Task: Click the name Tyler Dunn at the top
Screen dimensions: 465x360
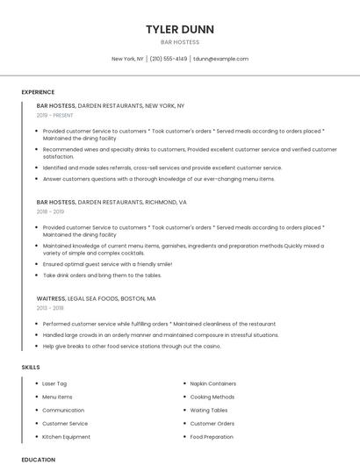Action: click(179, 29)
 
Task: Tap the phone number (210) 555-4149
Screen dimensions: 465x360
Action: click(169, 59)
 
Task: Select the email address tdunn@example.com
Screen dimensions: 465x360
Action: click(220, 59)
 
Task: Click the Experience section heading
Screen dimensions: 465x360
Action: click(38, 91)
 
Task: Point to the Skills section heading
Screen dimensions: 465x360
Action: click(31, 367)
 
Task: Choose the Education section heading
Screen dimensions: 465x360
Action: click(38, 459)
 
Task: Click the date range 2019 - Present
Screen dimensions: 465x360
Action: click(55, 115)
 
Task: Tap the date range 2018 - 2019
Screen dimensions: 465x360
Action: click(50, 211)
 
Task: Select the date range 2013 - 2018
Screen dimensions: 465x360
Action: click(50, 308)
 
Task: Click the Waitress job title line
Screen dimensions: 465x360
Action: click(99, 298)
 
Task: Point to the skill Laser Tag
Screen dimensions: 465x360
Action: click(54, 383)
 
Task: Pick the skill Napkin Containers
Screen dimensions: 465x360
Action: click(213, 383)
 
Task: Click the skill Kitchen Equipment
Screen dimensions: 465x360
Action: click(66, 436)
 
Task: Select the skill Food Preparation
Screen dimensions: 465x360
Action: click(212, 436)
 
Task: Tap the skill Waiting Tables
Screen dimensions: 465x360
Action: click(209, 410)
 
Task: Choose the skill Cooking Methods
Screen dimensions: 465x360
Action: click(212, 397)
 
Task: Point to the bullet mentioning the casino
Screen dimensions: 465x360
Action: click(132, 346)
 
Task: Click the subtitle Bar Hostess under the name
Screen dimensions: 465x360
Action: click(179, 42)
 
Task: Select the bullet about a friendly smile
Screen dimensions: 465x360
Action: click(107, 263)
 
